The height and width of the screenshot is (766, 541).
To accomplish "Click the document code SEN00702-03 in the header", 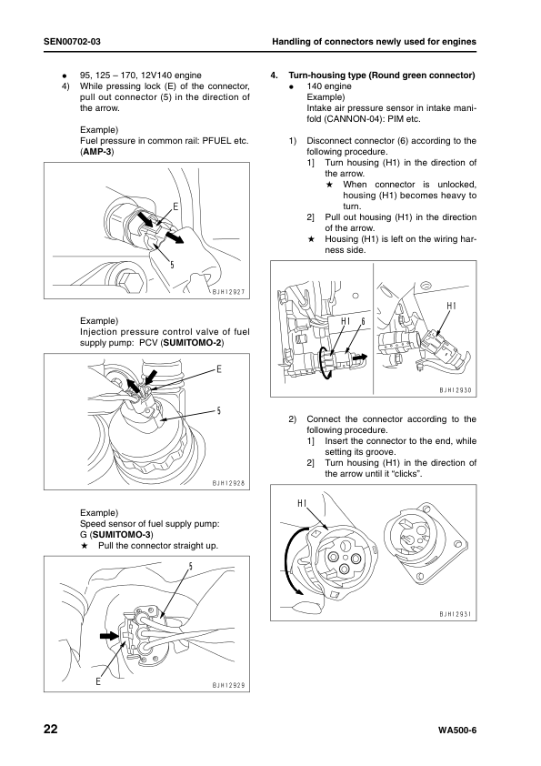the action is (72, 42).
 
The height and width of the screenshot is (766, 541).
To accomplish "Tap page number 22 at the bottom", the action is (51, 730).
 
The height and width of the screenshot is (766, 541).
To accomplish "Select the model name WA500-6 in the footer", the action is (457, 731).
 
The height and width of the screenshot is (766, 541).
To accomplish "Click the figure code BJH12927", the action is (228, 292).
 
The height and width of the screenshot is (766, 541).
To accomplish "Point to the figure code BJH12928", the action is (228, 484).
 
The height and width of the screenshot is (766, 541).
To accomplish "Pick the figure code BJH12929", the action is (228, 685).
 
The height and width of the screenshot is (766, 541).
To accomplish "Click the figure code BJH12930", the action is (455, 390).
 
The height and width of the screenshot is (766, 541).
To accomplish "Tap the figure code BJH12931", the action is (455, 614).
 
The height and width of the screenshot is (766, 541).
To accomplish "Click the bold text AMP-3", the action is (97, 151).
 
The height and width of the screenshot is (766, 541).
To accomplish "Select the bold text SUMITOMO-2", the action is (192, 342).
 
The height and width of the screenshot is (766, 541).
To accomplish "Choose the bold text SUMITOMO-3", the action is (123, 534).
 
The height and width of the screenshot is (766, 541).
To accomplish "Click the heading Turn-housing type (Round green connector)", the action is (381, 76).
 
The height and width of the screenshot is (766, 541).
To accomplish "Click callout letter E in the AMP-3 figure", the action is (175, 207).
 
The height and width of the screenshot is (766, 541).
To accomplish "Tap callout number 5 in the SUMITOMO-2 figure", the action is (219, 410).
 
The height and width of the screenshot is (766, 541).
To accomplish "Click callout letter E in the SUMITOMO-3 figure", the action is (98, 681).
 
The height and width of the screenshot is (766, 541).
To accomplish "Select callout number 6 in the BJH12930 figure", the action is (363, 321).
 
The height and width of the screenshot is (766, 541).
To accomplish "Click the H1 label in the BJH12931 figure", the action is (302, 503).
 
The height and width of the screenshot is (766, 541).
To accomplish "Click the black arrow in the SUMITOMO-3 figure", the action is (109, 636).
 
